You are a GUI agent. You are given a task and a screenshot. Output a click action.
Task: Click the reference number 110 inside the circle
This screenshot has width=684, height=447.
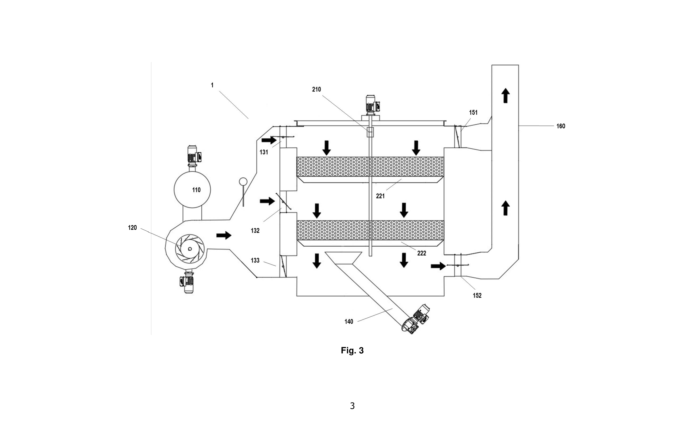(196, 190)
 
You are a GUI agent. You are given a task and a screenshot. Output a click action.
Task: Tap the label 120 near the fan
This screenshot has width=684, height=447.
(132, 228)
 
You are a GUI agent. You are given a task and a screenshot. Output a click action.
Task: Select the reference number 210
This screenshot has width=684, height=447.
(316, 89)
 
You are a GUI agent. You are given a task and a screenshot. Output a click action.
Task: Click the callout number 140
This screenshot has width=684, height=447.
(349, 322)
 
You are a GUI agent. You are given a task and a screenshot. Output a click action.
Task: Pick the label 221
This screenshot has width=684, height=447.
(380, 196)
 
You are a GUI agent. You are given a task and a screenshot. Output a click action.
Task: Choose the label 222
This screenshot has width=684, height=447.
(422, 253)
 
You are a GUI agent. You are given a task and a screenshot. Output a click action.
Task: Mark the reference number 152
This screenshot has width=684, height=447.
(477, 296)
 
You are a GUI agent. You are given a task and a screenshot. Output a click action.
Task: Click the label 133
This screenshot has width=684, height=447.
(255, 260)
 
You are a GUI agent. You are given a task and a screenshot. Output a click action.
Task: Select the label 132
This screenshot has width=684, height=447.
(255, 231)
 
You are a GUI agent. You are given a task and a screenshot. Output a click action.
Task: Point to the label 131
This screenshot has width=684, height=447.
(263, 152)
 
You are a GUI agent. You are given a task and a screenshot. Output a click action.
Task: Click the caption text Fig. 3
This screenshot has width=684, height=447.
(352, 351)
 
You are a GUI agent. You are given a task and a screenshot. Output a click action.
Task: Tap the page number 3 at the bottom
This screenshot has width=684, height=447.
(352, 406)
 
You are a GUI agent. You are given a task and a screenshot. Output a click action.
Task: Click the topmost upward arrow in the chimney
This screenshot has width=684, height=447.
(506, 96)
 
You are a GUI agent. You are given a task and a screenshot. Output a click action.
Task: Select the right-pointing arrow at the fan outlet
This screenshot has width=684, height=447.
(224, 235)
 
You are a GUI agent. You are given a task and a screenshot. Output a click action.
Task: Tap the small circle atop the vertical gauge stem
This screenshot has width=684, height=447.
(243, 182)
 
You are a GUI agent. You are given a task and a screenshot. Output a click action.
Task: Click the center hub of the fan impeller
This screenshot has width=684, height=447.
(190, 249)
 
